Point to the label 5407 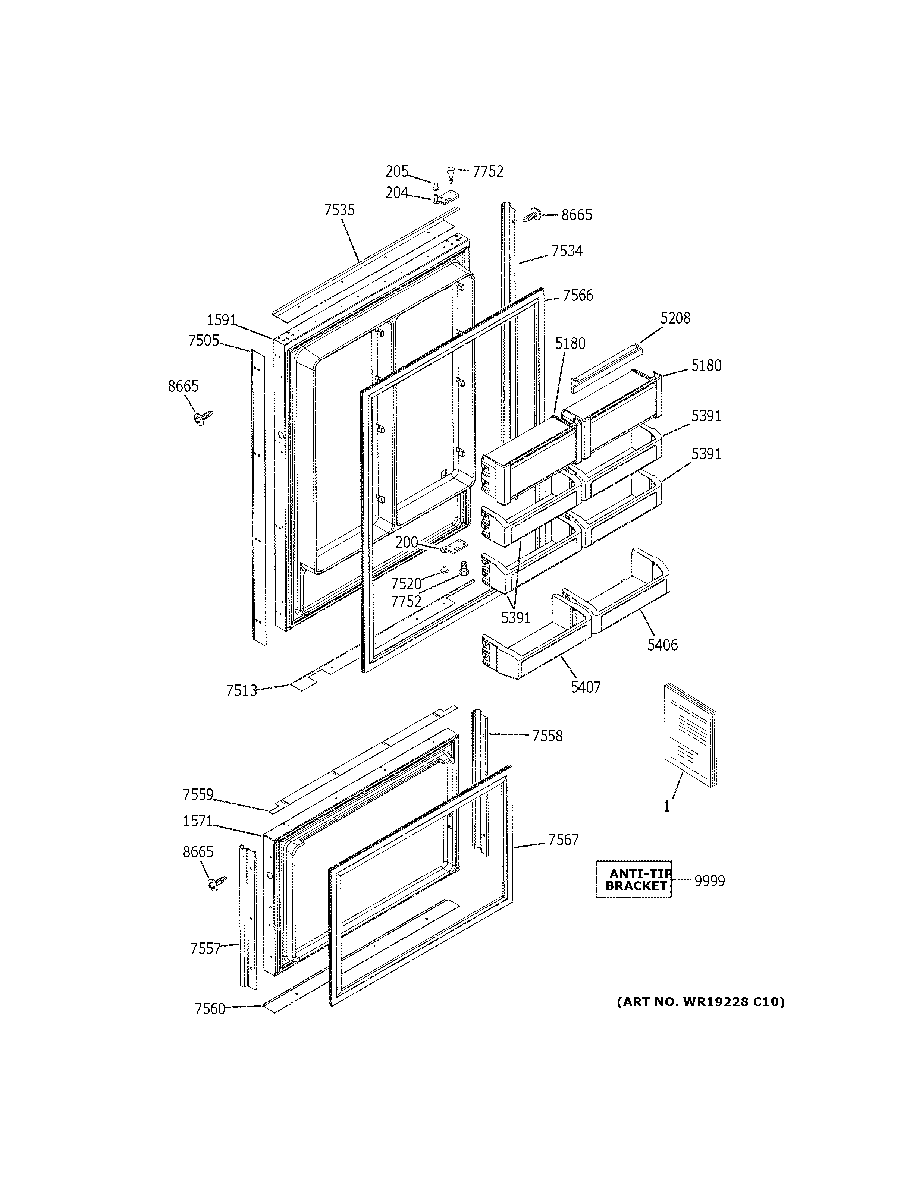586,687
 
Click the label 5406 663,645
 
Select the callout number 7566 578,296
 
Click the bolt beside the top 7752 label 451,174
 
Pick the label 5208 675,318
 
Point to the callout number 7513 241,690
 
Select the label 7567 563,840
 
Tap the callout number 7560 210,1008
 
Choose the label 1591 221,321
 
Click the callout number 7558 547,736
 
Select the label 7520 406,584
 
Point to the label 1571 198,821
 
